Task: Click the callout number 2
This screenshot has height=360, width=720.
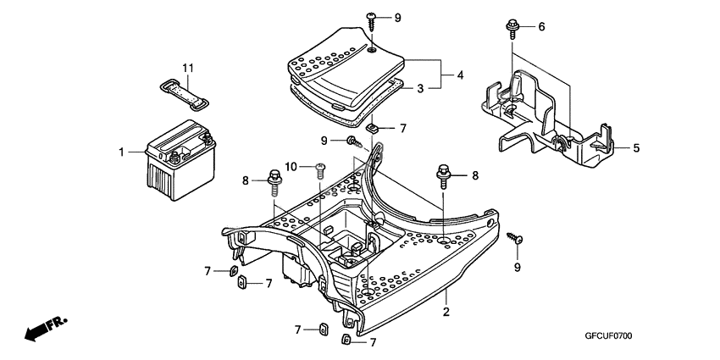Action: (446, 312)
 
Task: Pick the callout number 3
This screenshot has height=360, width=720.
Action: (421, 87)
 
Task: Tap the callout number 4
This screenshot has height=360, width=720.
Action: (460, 75)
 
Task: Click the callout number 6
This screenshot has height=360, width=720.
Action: (541, 27)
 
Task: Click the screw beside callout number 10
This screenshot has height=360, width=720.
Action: (320, 169)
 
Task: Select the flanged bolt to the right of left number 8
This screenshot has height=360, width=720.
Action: (274, 180)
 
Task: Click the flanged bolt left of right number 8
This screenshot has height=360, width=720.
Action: (443, 175)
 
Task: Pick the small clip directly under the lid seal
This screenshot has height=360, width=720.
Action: (373, 128)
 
